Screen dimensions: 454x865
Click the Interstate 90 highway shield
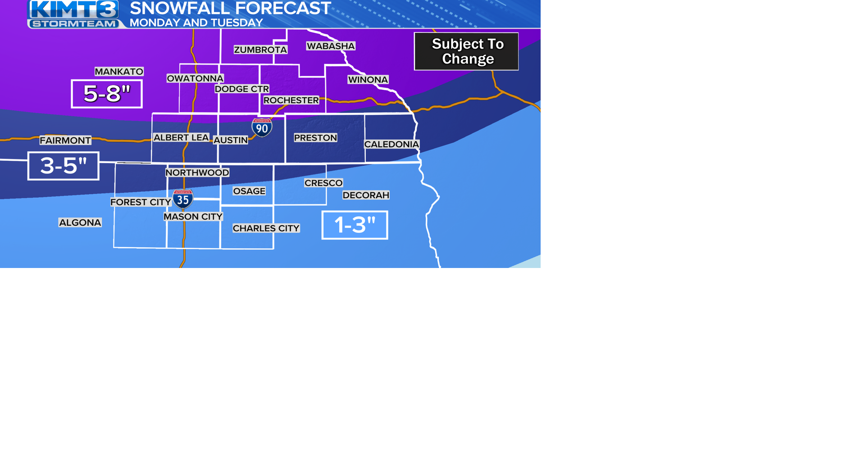click(x=262, y=128)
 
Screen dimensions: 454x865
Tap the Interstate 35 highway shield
click(x=183, y=199)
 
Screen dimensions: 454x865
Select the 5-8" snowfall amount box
click(x=107, y=94)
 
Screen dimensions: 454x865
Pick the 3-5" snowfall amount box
click(x=64, y=166)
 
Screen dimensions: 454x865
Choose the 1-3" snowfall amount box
click(x=355, y=225)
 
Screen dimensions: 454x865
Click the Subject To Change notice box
click(x=466, y=51)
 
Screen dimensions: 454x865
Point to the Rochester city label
click(x=291, y=100)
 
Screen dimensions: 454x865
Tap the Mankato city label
click(x=119, y=72)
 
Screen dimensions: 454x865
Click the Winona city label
click(x=368, y=80)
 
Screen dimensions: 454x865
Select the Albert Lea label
click(x=181, y=137)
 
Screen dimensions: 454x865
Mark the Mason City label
click(x=193, y=217)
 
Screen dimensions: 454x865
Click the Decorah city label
click(x=366, y=195)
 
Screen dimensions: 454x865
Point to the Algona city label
click(x=80, y=222)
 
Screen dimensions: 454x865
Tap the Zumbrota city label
click(x=260, y=50)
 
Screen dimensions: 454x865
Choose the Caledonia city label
click(x=392, y=144)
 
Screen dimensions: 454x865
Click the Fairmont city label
click(x=65, y=141)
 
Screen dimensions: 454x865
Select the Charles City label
click(x=266, y=228)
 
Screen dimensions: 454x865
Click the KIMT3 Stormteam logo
click(x=74, y=14)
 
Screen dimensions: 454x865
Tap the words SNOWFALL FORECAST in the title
click(x=230, y=8)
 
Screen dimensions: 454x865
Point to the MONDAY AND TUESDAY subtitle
click(x=196, y=23)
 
